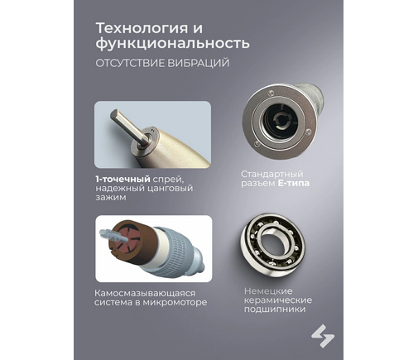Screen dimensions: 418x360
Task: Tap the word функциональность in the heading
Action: click(x=172, y=44)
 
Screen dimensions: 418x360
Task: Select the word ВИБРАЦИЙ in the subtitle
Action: click(x=198, y=63)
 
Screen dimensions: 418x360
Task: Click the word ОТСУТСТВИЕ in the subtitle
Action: click(x=130, y=63)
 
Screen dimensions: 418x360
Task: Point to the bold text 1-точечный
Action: click(x=123, y=180)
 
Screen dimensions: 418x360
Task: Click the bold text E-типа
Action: click(x=294, y=183)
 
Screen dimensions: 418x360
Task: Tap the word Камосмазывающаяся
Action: click(x=145, y=293)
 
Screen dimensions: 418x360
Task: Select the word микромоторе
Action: click(x=175, y=303)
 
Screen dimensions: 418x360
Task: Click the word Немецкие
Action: click(x=268, y=291)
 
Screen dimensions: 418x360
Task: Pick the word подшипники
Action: click(x=275, y=310)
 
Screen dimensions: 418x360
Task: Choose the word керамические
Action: click(x=278, y=300)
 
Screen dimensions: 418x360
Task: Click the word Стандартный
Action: click(x=271, y=175)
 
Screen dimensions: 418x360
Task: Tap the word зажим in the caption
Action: click(x=111, y=198)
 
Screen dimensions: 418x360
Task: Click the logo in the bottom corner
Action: click(x=323, y=336)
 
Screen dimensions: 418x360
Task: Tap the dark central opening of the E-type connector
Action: click(x=279, y=120)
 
